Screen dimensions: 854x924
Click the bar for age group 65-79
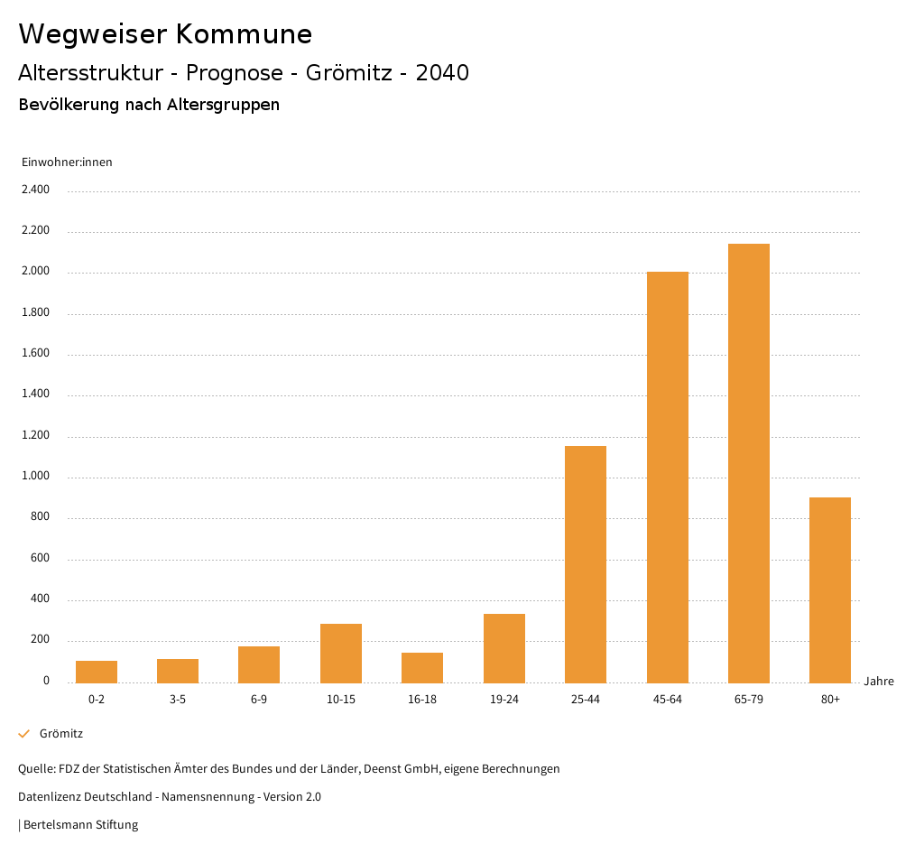pyautogui.click(x=749, y=463)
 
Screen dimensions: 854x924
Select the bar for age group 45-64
pyautogui.click(x=668, y=477)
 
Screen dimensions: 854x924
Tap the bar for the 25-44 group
pyautogui.click(x=586, y=564)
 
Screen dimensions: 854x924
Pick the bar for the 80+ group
pyautogui.click(x=830, y=589)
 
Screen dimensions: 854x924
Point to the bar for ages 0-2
pyautogui.click(x=97, y=672)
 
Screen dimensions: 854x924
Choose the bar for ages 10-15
pyautogui.click(x=341, y=653)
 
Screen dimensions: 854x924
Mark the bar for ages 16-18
pyautogui.click(x=422, y=667)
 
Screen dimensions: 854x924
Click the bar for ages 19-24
pyautogui.click(x=504, y=648)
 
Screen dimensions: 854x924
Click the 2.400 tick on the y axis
pyautogui.click(x=36, y=190)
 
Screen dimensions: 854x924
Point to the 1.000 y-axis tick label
pyautogui.click(x=36, y=477)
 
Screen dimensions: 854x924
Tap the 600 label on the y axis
pyautogui.click(x=40, y=559)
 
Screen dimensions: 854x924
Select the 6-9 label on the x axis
pyautogui.click(x=259, y=700)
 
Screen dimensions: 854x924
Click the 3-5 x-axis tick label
pyautogui.click(x=178, y=700)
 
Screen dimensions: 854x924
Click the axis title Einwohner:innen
pyautogui.click(x=67, y=162)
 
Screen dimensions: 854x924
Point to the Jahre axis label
pyautogui.click(x=879, y=682)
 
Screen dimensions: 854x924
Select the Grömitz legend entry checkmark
pyautogui.click(x=24, y=734)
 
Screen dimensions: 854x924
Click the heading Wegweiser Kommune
pyautogui.click(x=165, y=34)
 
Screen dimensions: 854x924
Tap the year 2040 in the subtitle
pyautogui.click(x=442, y=73)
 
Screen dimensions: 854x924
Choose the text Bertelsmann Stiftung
pyautogui.click(x=80, y=824)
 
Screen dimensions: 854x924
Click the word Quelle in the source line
pyautogui.click(x=35, y=769)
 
